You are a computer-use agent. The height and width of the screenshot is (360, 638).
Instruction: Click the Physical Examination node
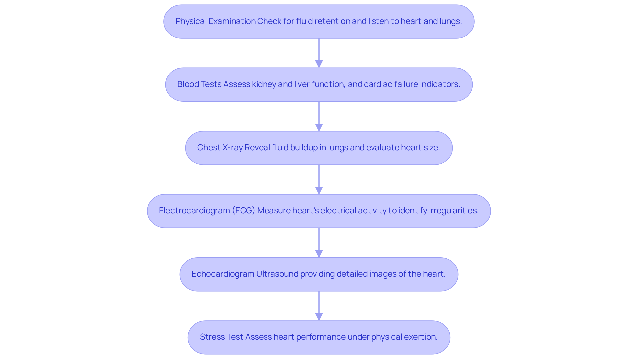click(x=319, y=22)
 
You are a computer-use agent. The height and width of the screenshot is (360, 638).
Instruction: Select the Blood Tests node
click(x=319, y=85)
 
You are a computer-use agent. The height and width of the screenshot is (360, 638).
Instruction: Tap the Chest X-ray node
click(x=319, y=148)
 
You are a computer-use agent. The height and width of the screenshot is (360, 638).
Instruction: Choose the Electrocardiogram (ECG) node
click(x=319, y=211)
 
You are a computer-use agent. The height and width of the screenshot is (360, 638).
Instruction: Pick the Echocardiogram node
click(x=319, y=274)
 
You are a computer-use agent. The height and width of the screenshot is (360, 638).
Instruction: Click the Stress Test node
click(x=319, y=337)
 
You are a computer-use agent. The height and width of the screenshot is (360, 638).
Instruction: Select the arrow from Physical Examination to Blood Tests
click(x=319, y=53)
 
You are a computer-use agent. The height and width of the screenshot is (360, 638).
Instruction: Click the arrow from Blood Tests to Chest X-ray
click(x=319, y=116)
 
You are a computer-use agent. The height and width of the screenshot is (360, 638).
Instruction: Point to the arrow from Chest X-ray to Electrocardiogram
click(x=319, y=180)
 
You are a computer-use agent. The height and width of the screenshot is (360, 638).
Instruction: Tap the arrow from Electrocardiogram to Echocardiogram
click(x=319, y=243)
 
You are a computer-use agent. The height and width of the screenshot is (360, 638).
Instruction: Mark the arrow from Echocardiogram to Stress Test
click(x=319, y=306)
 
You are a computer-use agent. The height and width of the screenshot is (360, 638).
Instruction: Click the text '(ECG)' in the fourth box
click(x=243, y=211)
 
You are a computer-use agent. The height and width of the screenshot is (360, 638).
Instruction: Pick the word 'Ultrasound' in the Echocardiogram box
click(x=277, y=274)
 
